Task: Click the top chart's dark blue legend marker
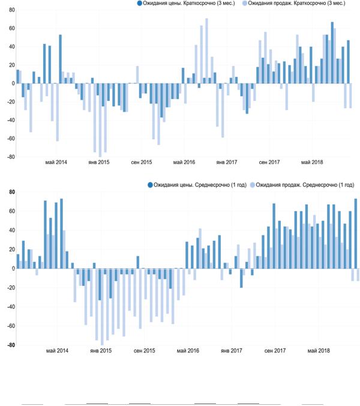coord(140,4)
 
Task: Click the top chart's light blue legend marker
coord(244,4)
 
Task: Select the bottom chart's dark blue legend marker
coord(150,185)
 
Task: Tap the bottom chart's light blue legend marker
coord(252,185)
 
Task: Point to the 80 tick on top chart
coord(11,10)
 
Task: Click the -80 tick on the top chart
coord(11,157)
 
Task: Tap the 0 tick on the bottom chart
coord(13,268)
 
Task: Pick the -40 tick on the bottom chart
coord(11,307)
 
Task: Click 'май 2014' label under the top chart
coord(56,162)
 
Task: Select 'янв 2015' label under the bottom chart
coord(101,351)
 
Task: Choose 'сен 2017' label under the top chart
coord(269,162)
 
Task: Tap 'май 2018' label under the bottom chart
coord(319,351)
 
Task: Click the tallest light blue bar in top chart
coord(206,51)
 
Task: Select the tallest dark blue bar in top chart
coord(332,53)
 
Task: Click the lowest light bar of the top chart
coord(100,120)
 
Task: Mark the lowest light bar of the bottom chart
coord(102,307)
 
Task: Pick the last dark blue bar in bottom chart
coord(356,234)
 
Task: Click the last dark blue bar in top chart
coord(348,62)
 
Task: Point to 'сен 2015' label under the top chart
coord(142,162)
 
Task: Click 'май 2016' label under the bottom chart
coord(188,351)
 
